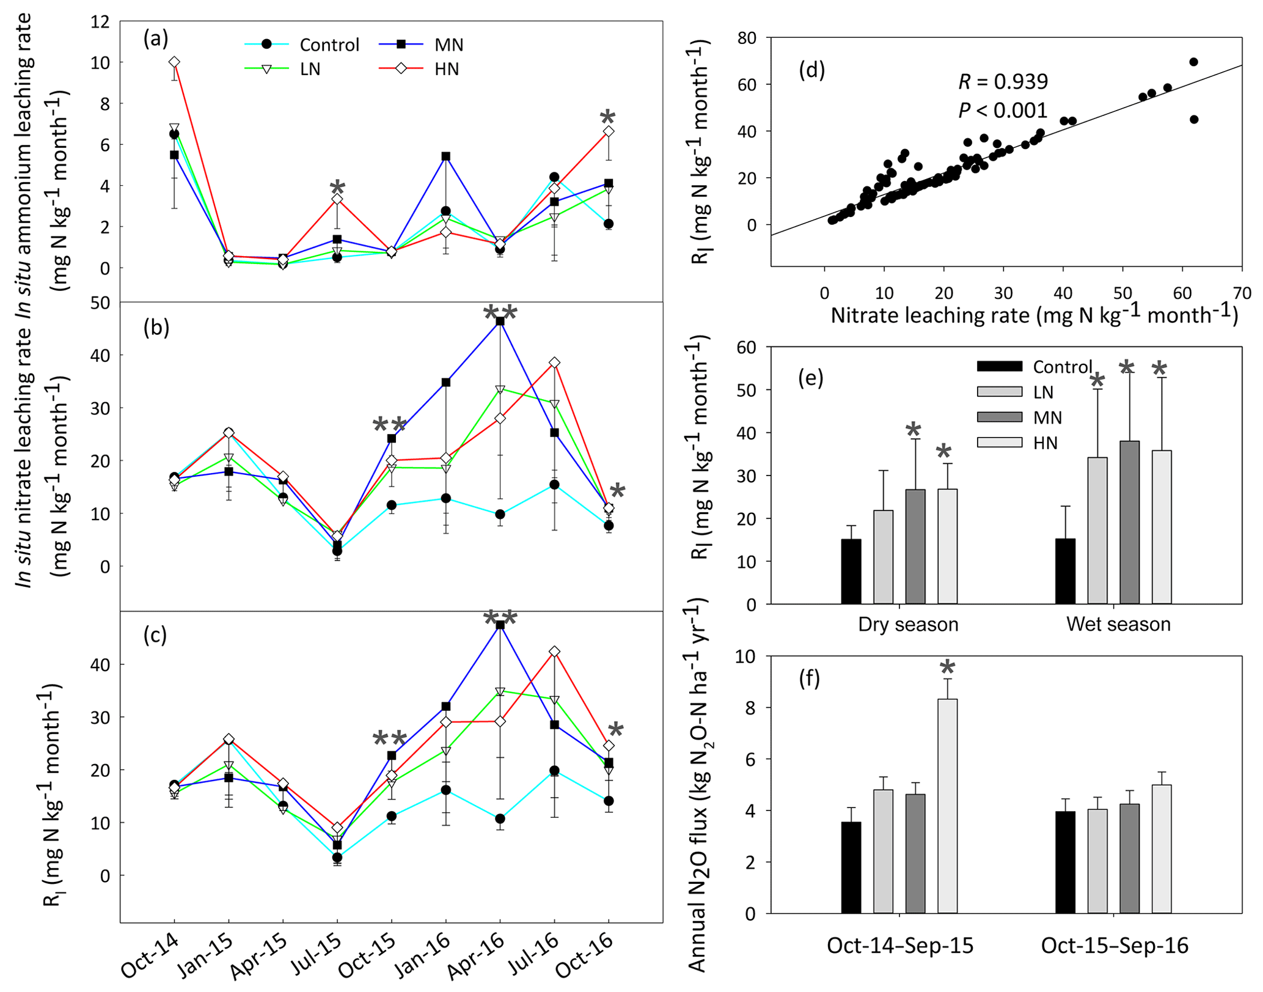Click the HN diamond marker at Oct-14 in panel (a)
pos(174,62)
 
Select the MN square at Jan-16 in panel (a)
pos(446,156)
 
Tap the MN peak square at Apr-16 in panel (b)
pos(500,321)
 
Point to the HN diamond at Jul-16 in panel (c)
pos(554,652)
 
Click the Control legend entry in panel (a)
pos(329,45)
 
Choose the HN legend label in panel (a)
pos(447,70)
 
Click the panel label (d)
pos(811,71)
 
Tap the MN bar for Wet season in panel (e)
pos(1129,522)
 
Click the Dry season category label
pos(908,624)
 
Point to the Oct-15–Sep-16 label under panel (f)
pos(1115,946)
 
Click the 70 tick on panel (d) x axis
pos(1242,293)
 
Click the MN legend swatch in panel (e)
pos(999,417)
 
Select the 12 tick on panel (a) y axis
pos(101,22)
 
